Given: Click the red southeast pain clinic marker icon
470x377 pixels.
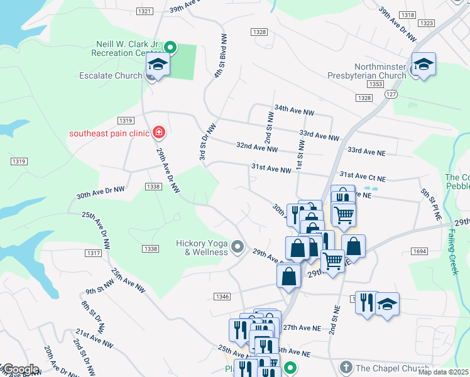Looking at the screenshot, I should (159, 132).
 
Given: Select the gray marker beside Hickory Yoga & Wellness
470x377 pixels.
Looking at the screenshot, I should (237, 247).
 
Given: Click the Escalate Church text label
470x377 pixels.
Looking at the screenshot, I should (116, 75).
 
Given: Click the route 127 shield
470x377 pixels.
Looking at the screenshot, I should (391, 94).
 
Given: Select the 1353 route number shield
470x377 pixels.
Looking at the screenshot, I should (376, 84).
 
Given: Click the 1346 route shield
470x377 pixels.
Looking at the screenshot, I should (222, 296).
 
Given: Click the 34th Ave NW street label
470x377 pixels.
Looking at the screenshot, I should (293, 111).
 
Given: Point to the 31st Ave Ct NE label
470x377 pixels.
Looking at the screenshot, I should (363, 178).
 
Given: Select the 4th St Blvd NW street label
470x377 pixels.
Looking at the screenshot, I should (220, 56).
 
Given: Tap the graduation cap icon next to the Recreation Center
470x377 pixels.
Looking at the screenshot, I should (157, 65).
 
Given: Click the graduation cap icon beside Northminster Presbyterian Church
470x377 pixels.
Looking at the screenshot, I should (424, 64).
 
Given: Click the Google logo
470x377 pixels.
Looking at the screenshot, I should (20, 369).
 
